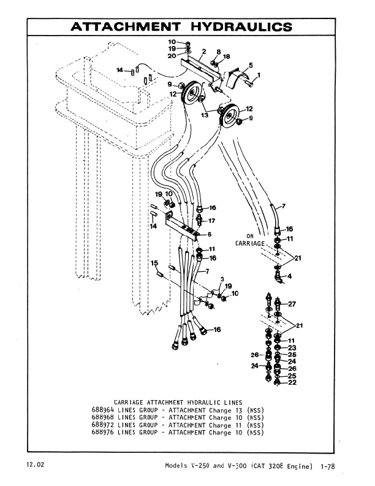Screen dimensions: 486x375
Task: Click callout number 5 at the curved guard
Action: (x=250, y=64)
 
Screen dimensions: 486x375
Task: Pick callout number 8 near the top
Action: (x=219, y=52)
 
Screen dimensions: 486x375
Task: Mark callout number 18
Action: (x=227, y=56)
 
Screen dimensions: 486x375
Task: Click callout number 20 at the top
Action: (x=172, y=56)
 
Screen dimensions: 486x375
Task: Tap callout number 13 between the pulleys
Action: (x=203, y=114)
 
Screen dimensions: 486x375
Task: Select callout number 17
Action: (x=213, y=220)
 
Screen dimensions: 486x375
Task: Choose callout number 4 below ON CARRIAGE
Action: (x=290, y=276)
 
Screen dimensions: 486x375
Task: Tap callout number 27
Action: (x=292, y=304)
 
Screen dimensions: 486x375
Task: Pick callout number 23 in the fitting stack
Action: (x=292, y=347)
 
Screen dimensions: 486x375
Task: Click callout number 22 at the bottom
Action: (x=292, y=382)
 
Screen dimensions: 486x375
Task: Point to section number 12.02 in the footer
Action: (x=34, y=465)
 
